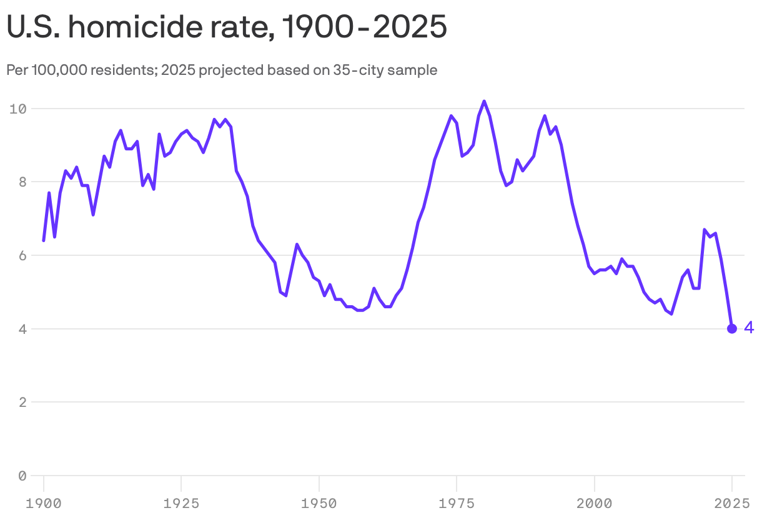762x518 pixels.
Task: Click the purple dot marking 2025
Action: click(732, 329)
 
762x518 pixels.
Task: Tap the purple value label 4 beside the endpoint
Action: click(749, 328)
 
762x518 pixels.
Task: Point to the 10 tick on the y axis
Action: click(17, 109)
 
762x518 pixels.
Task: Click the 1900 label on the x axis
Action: click(44, 502)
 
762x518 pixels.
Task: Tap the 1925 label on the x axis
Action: click(181, 502)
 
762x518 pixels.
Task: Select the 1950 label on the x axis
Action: click(319, 502)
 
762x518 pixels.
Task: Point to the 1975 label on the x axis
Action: click(457, 502)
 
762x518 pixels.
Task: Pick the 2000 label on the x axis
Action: click(594, 502)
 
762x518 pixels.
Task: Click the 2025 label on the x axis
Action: click(732, 502)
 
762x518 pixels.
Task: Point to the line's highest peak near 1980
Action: click(484, 101)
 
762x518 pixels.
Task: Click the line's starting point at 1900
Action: click(44, 240)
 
